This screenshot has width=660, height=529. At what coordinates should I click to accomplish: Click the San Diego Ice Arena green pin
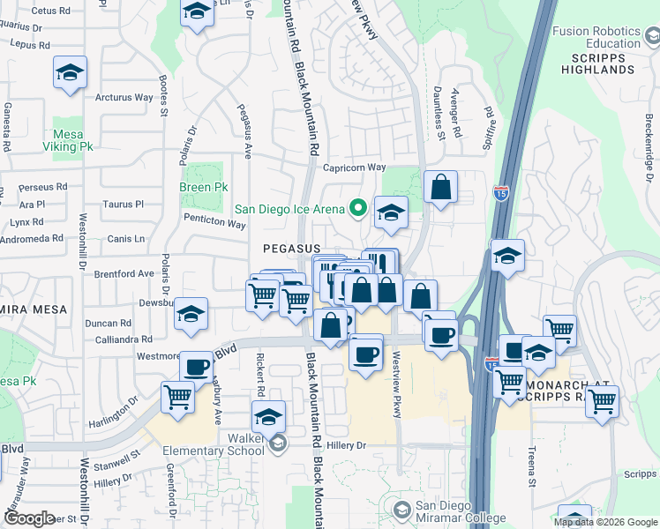(357, 209)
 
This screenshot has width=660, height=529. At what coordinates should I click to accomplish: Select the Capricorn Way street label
(355, 168)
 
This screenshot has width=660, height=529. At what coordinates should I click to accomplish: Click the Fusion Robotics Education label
(596, 37)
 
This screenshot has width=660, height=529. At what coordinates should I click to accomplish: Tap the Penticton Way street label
(214, 224)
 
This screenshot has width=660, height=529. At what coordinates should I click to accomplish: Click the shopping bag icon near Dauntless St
(440, 188)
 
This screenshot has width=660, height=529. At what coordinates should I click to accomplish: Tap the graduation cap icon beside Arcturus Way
(70, 73)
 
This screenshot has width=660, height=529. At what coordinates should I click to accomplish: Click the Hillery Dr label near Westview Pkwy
(346, 446)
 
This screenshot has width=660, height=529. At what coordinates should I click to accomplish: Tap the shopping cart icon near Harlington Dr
(178, 398)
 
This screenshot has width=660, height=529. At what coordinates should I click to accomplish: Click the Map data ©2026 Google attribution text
(604, 522)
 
